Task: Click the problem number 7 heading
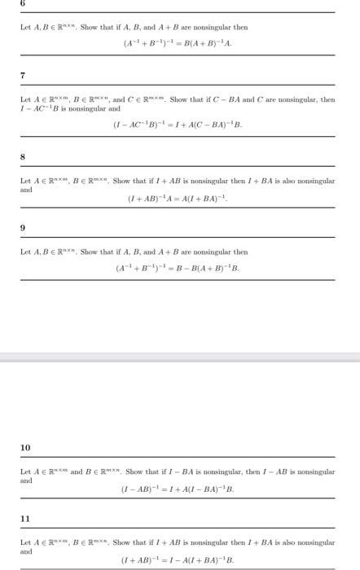23,76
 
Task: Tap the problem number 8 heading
23,156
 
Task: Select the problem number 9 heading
23,229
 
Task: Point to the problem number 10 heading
25,448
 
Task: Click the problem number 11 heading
25,518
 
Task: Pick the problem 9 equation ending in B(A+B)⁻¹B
178,267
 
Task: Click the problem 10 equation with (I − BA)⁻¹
178,489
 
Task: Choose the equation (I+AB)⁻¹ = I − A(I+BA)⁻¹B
178,560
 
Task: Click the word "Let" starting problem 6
25,28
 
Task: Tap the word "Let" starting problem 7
25,99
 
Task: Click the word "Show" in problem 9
89,252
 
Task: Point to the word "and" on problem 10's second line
26,480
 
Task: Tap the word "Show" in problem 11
123,541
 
